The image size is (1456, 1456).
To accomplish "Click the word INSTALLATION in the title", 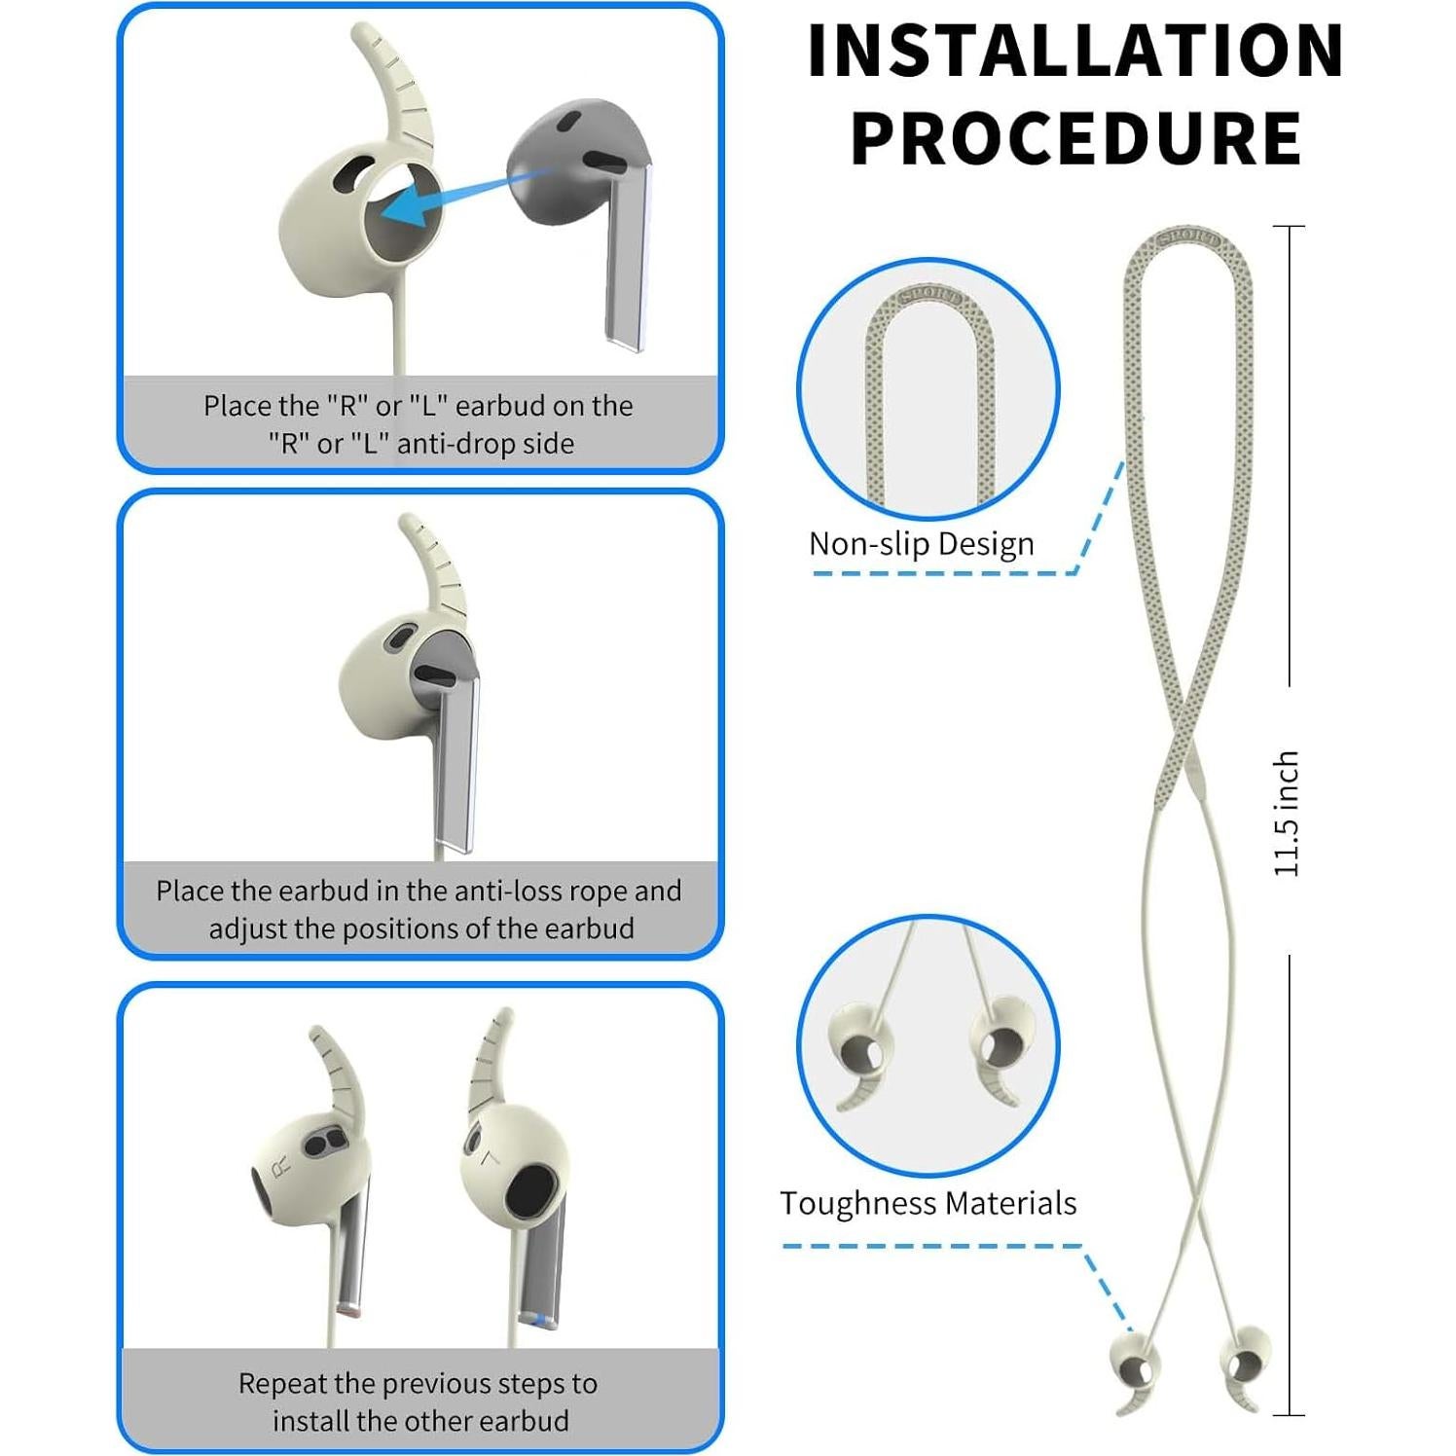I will (x=1075, y=51).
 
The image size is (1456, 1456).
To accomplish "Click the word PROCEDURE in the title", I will (x=1075, y=138).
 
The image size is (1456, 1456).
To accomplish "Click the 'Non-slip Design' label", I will (x=921, y=544).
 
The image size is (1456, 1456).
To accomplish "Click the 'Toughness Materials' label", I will (x=928, y=1204).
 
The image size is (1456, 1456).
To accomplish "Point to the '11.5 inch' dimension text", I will (x=1287, y=814).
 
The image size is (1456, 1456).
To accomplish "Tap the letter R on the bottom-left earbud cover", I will (x=281, y=1165).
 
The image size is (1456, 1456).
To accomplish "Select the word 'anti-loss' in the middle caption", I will (x=503, y=891).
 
